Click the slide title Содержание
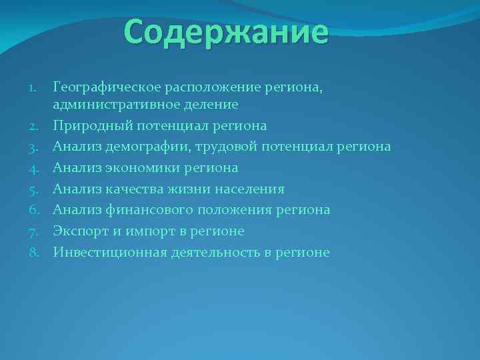pyautogui.click(x=226, y=32)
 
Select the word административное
pyautogui.click(x=117, y=105)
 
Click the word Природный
pyautogui.click(x=87, y=125)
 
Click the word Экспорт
pyautogui.click(x=79, y=231)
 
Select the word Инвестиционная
pyautogui.click(x=109, y=253)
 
